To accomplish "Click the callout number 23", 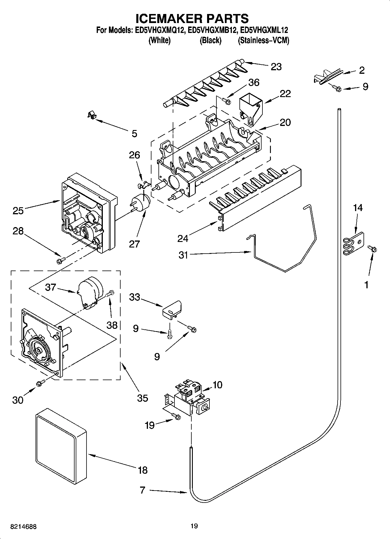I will tap(276, 67).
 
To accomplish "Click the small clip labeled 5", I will tap(92, 115).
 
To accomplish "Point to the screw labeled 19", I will tap(176, 417).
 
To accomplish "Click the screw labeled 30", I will tap(40, 383).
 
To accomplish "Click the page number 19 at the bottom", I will tap(194, 526).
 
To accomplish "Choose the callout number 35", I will tap(142, 398).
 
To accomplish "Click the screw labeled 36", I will tap(226, 101).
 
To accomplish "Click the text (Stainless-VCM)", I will tap(264, 41).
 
